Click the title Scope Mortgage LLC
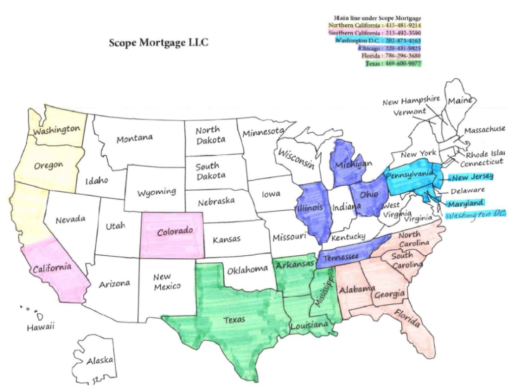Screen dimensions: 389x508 click(158, 43)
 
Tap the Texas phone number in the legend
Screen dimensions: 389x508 click(393, 63)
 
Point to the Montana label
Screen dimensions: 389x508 click(134, 138)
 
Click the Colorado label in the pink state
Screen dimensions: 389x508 click(175, 231)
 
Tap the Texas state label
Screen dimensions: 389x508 click(234, 320)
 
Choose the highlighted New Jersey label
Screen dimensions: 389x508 click(472, 177)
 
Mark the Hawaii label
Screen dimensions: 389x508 click(40, 327)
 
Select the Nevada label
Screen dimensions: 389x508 click(70, 219)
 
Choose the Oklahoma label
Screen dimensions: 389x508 click(248, 271)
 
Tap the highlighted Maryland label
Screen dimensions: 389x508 click(465, 203)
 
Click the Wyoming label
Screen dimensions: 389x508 click(156, 191)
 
